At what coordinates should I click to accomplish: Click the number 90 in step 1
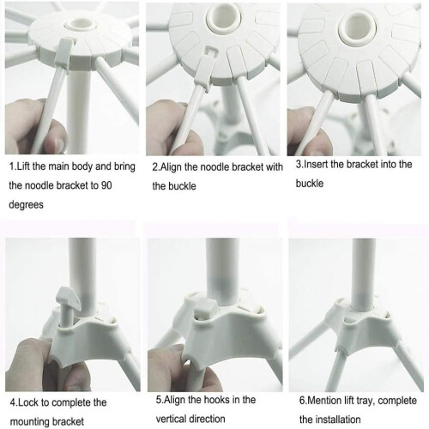(x=106, y=185)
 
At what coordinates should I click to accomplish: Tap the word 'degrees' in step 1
(x=27, y=205)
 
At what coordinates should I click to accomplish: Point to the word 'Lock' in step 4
(x=28, y=402)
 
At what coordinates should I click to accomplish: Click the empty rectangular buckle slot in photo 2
(x=212, y=51)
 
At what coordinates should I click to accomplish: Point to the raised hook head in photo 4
(x=69, y=298)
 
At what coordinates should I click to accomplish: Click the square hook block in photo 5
(x=206, y=310)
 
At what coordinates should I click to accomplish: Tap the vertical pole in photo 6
(x=364, y=275)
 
